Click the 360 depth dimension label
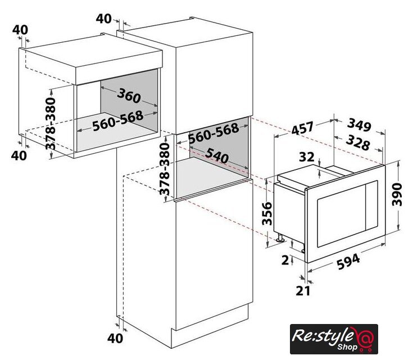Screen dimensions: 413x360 coord(129,96)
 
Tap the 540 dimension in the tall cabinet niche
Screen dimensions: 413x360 coord(217,155)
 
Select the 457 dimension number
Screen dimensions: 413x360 coord(303,128)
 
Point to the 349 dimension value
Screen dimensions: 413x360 coord(359,124)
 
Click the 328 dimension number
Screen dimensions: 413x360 coord(358,142)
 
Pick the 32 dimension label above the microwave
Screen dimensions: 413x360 coord(307,157)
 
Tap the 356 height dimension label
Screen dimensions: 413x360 coord(267,213)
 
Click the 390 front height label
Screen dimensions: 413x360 coord(397,195)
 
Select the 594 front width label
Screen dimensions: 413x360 coord(348,262)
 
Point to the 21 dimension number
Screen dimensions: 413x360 coord(303,291)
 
